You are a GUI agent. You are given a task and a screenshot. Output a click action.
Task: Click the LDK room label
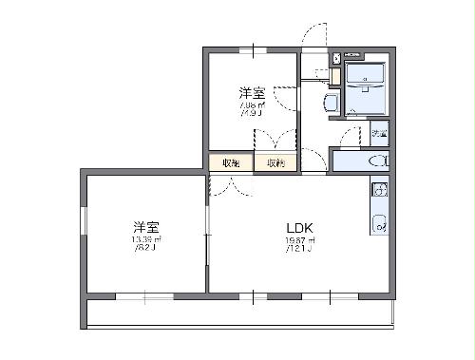[299, 228]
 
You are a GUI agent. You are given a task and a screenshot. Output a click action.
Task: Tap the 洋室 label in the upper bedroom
[251, 93]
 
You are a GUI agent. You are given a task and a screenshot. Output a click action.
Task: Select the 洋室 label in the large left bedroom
[145, 227]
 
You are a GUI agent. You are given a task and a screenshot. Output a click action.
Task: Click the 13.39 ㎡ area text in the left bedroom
[145, 240]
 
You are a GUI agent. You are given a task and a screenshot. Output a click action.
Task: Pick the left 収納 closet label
[231, 163]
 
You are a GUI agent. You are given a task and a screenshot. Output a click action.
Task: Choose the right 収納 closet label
[275, 163]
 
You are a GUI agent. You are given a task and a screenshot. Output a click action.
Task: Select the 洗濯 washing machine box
[379, 132]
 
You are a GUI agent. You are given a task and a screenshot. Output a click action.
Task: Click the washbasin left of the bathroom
[332, 103]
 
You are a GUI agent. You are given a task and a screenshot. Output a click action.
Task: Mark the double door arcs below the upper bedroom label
[275, 139]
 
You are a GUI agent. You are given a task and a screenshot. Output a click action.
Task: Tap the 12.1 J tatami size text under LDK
[300, 250]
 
